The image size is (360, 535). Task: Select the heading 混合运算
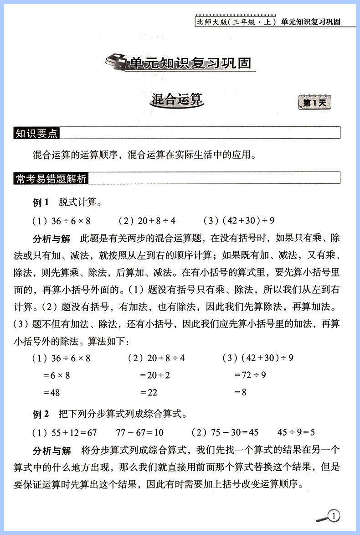176,100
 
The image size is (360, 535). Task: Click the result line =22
149,392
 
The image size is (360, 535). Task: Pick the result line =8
240,392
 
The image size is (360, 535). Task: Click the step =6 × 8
59,375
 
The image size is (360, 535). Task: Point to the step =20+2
155,375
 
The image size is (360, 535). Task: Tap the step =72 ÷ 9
250,375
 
